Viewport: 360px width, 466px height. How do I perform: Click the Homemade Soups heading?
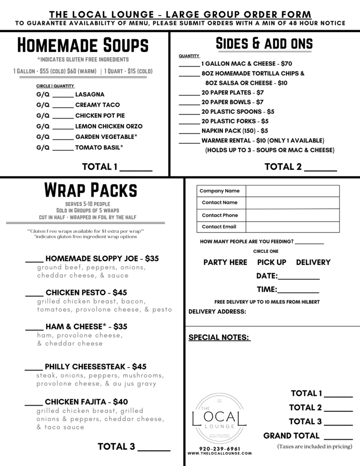pos(83,46)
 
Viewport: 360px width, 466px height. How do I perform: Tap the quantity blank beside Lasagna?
pos(63,95)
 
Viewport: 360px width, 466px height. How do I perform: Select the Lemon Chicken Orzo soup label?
pos(109,126)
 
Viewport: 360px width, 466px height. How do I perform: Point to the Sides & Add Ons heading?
pos(264,43)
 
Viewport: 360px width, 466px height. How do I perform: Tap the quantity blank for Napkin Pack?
pos(189,131)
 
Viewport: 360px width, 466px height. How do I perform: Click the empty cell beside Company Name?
pos(293,191)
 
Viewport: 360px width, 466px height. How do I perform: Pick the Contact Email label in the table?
pos(219,227)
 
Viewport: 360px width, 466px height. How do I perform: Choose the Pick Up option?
pos(272,262)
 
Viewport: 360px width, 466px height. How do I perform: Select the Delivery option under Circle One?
pos(313,262)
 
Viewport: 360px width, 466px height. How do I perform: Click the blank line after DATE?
pos(299,277)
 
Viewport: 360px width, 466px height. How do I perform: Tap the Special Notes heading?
pos(219,337)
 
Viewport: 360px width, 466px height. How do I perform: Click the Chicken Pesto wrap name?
pos(76,292)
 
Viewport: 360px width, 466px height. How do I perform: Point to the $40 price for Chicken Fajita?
pos(120,401)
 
